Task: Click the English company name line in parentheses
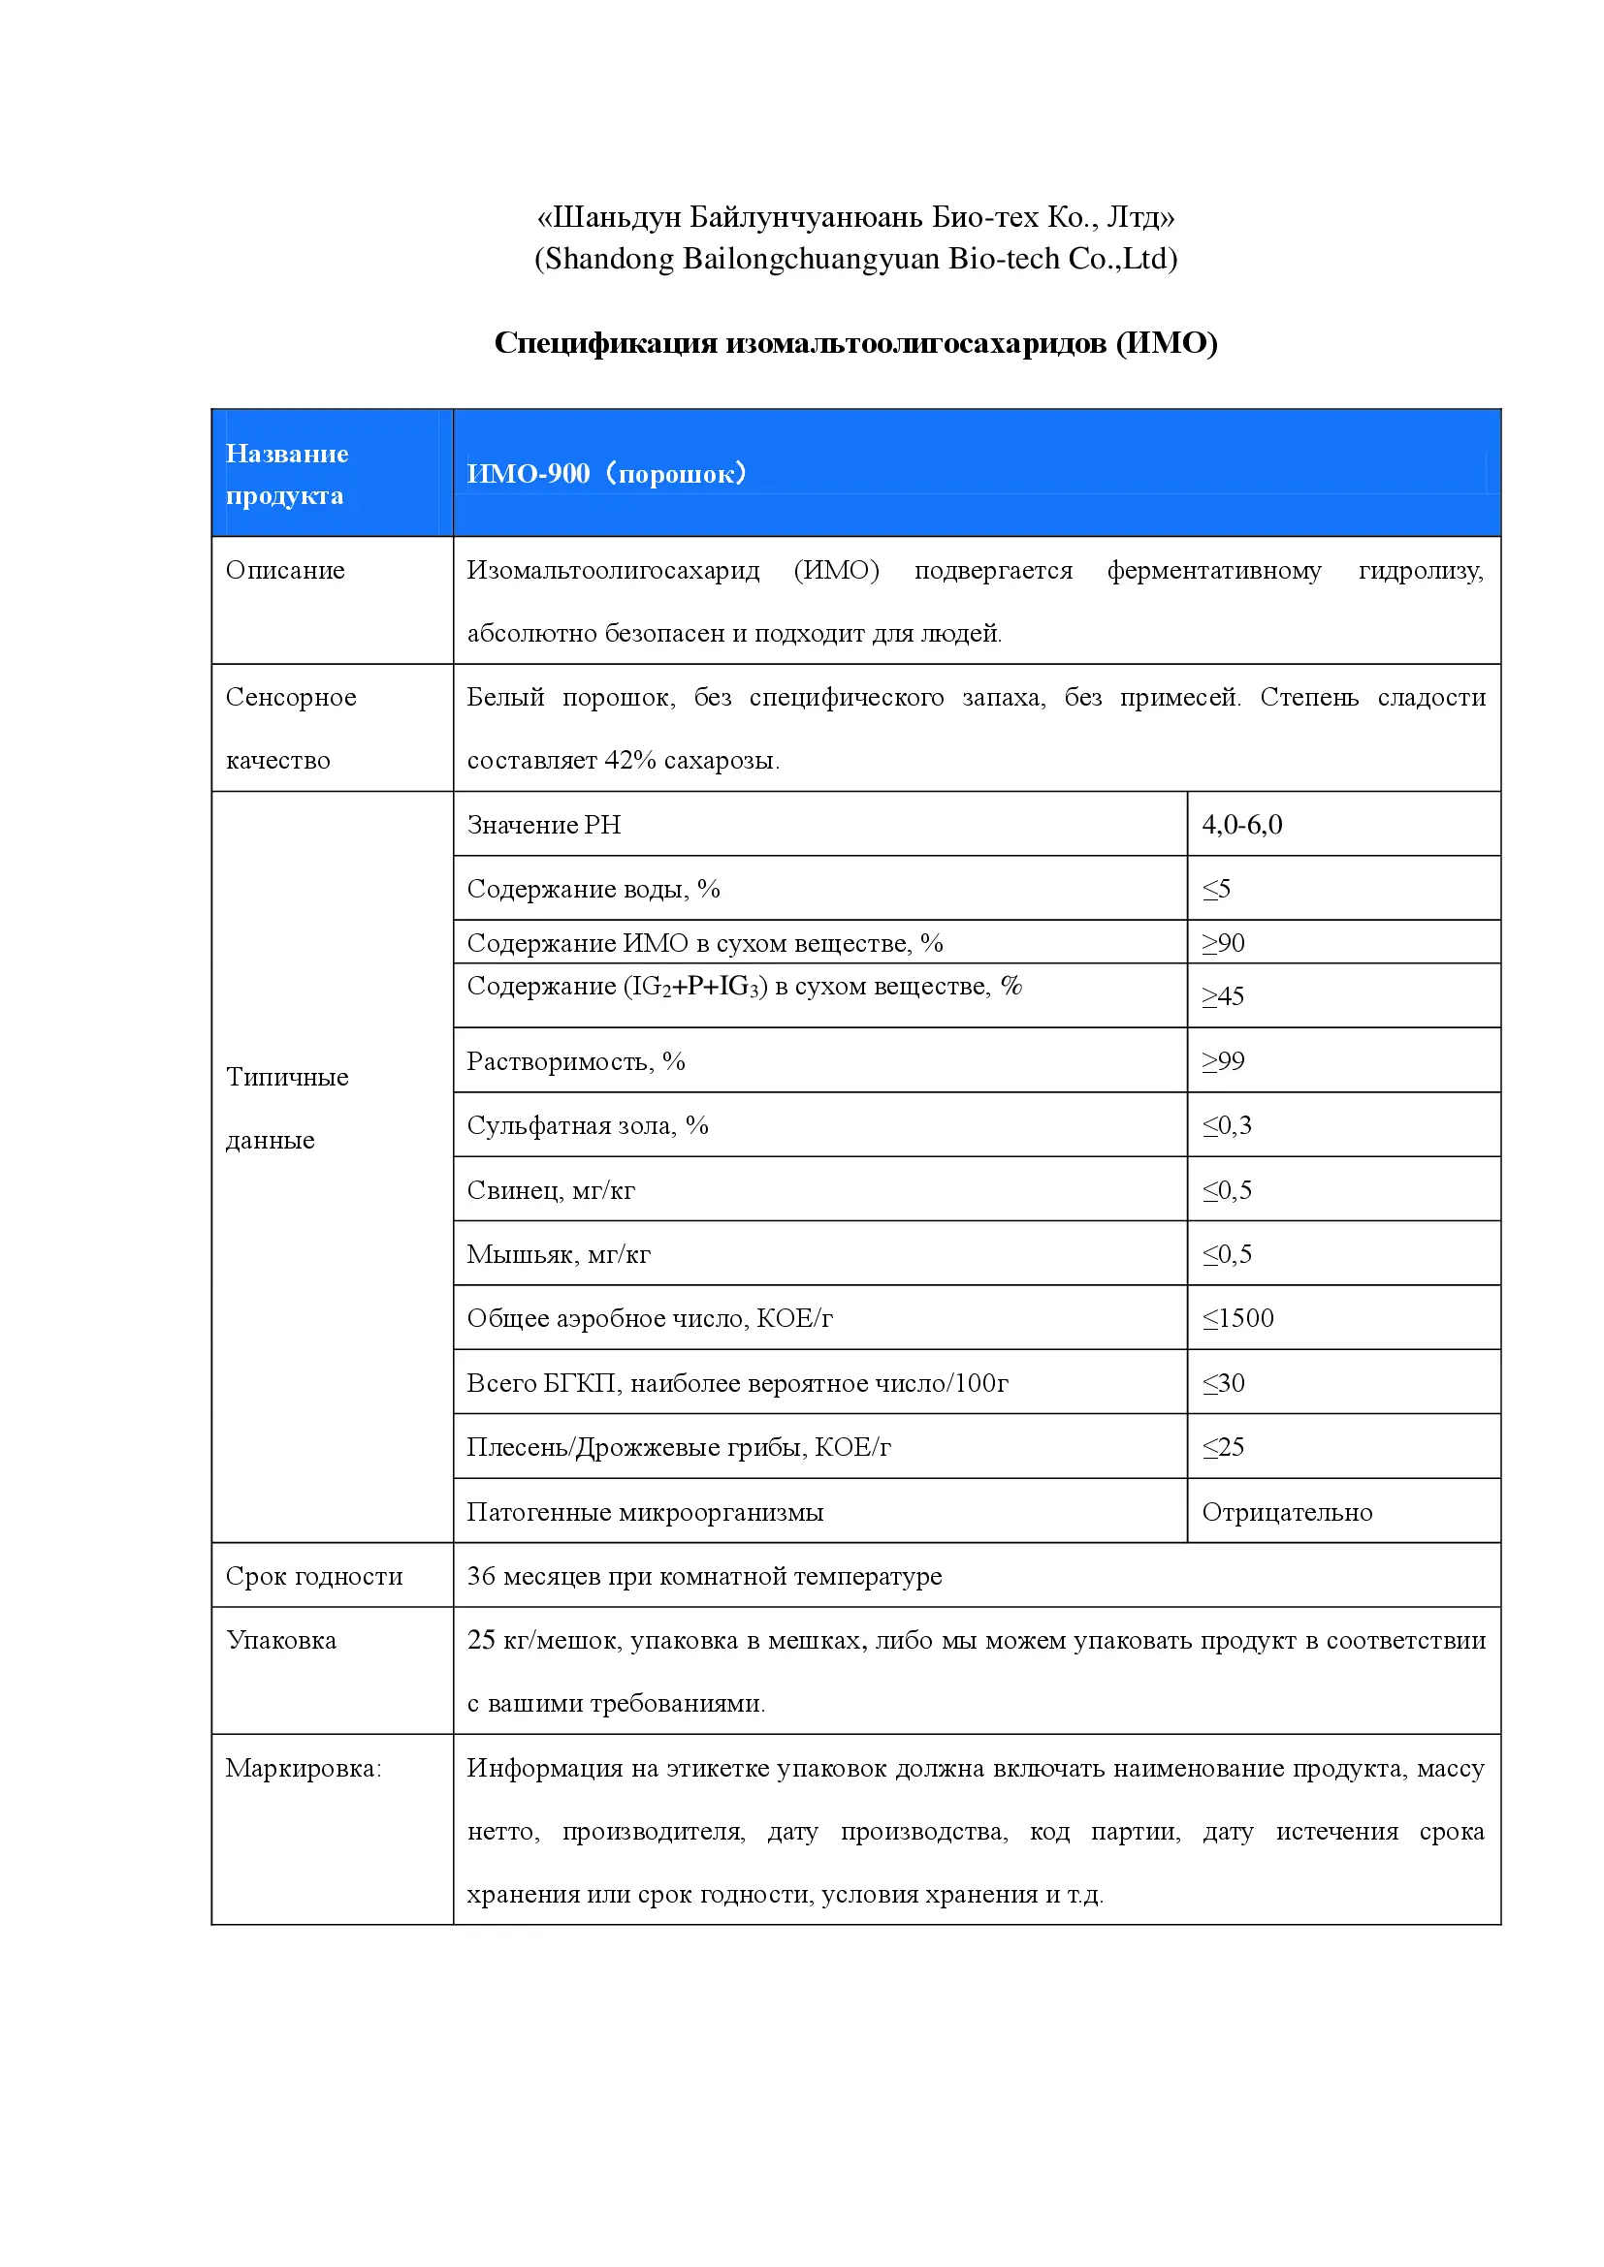click(x=855, y=259)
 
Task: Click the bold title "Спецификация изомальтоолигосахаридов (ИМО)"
click(x=855, y=342)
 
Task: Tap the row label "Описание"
click(x=285, y=571)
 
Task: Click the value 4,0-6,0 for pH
click(x=1241, y=825)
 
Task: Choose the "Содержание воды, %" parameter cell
click(x=593, y=889)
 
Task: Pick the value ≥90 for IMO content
click(x=1223, y=943)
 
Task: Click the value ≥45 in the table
click(x=1223, y=996)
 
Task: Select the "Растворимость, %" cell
click(x=576, y=1061)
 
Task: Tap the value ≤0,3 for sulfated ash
click(x=1227, y=1125)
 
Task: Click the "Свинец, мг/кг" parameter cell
click(x=551, y=1191)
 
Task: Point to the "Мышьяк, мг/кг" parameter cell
click(x=559, y=1255)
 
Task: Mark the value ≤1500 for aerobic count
click(x=1237, y=1318)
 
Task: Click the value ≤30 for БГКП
click(x=1223, y=1383)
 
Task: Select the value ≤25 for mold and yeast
click(x=1223, y=1447)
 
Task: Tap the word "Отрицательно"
click(x=1287, y=1513)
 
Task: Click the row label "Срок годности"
click(x=314, y=1577)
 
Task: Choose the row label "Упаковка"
click(x=281, y=1641)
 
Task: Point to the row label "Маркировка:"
click(x=304, y=1769)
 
